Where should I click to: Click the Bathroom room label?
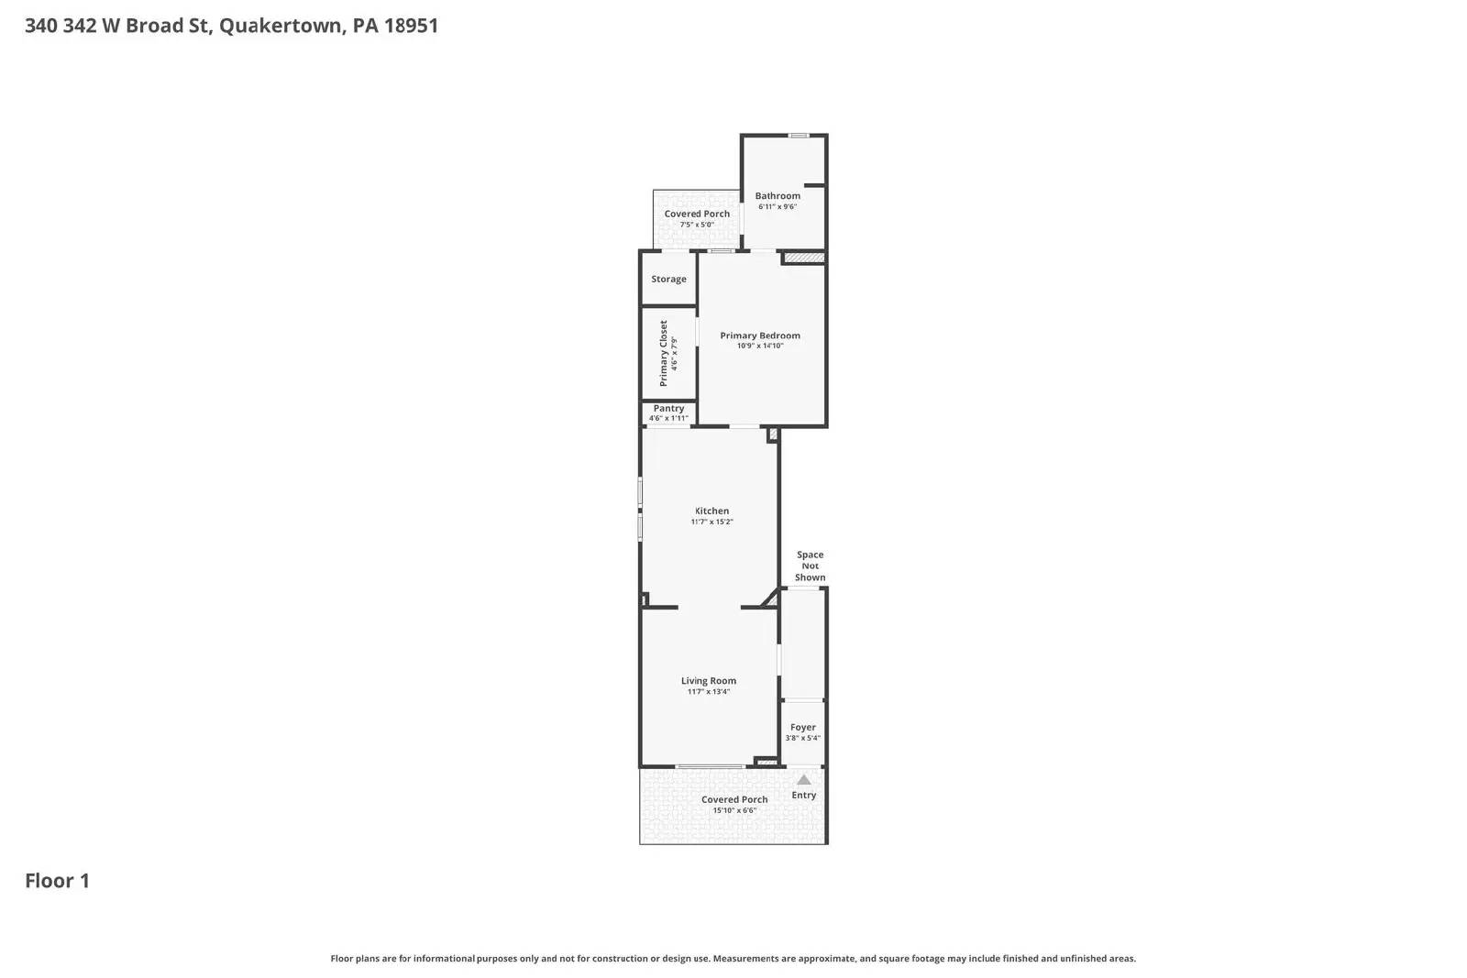click(x=778, y=195)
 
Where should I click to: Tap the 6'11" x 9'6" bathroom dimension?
click(x=778, y=207)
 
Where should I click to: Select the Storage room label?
click(x=668, y=279)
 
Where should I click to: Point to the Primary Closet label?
click(x=664, y=353)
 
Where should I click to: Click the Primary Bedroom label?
click(x=760, y=335)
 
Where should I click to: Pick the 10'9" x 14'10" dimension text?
click(x=760, y=346)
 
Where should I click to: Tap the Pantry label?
click(x=668, y=408)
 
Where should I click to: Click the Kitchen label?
click(x=711, y=511)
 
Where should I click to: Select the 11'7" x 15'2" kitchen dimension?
click(x=711, y=522)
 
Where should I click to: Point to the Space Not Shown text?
click(x=810, y=566)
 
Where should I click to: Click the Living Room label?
click(x=708, y=680)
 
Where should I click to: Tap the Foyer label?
click(x=802, y=727)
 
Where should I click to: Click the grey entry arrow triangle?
click(x=803, y=780)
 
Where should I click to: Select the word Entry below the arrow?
click(x=803, y=795)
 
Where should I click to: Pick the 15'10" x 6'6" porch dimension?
click(x=734, y=810)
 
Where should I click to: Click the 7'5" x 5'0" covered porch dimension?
click(x=697, y=225)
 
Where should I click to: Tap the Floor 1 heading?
click(x=57, y=881)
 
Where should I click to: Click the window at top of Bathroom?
click(x=799, y=136)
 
